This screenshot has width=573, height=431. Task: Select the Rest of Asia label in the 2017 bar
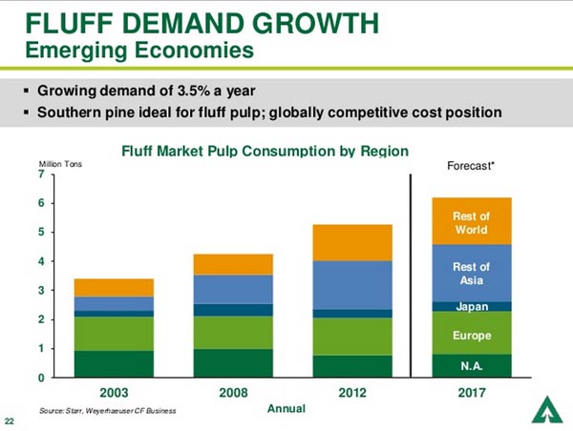[x=472, y=274]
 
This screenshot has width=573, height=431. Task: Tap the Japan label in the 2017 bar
[x=472, y=307]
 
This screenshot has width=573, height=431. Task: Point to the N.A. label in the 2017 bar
[x=472, y=366]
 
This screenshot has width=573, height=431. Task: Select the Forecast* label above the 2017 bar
[x=471, y=165]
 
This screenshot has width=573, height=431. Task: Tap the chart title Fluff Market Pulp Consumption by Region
[x=265, y=151]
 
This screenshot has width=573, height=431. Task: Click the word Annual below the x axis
[x=286, y=408]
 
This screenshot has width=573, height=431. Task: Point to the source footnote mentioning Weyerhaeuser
[x=108, y=409]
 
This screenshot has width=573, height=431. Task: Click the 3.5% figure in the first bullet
[x=212, y=92]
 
